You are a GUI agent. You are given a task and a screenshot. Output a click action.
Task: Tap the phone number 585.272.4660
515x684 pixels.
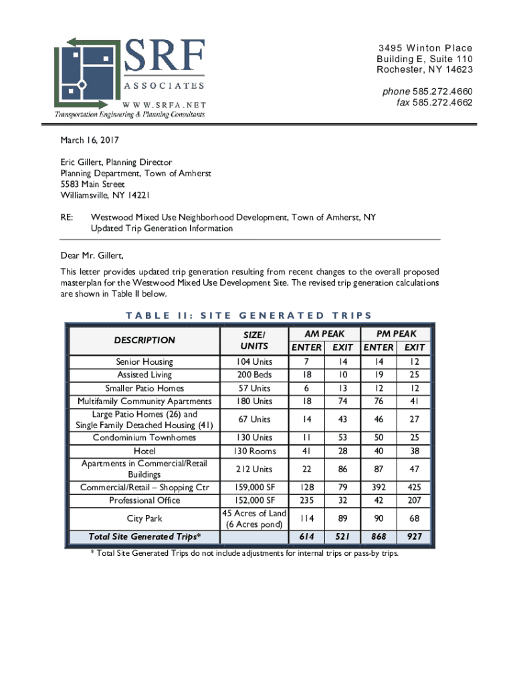442,92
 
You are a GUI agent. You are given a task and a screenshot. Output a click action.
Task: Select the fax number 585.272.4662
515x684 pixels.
442,103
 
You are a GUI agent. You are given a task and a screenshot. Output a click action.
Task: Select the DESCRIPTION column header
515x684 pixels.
144,340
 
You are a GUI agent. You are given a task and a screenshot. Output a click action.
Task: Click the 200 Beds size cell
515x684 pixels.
254,375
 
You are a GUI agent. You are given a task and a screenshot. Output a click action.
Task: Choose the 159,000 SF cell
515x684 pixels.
254,487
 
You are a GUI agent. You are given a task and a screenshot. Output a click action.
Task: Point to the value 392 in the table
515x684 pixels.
379,487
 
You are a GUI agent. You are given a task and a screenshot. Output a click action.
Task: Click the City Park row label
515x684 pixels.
144,518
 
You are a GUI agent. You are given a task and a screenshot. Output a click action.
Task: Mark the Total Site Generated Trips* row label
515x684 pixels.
144,536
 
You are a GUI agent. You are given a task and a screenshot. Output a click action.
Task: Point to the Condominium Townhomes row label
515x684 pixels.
144,438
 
